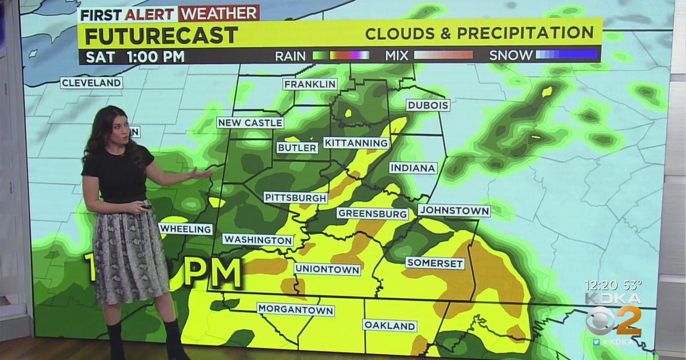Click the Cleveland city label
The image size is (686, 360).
[91, 83]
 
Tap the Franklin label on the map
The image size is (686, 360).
[310, 84]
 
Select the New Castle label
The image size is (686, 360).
[250, 123]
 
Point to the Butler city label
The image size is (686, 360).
[297, 147]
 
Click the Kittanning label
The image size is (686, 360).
[356, 142]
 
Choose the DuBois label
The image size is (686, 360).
[428, 105]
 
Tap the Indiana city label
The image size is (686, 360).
[413, 168]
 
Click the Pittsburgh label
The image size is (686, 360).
[296, 198]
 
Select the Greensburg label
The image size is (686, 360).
[373, 214]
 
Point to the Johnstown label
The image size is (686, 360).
[454, 211]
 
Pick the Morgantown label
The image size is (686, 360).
[295, 309]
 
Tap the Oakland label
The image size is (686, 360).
[389, 326]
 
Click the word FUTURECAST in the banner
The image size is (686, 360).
[161, 36]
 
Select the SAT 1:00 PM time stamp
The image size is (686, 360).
[135, 56]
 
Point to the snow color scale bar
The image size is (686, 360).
[566, 55]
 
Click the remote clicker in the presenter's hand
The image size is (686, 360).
[147, 206]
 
